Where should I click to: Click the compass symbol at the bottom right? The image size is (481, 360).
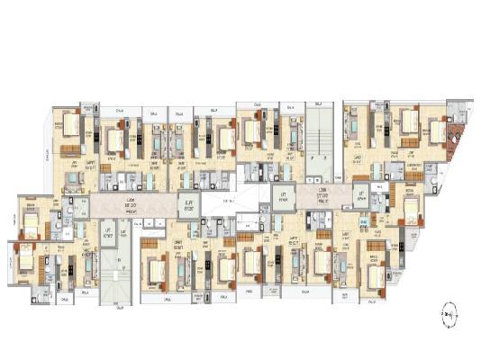pos(448,315)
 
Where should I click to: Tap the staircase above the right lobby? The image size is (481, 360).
pos(316,143)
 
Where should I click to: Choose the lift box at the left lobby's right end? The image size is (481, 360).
pos(187,205)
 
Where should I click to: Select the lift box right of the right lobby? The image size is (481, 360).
pos(362,195)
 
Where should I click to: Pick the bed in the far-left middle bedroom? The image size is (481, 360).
pos(32,220)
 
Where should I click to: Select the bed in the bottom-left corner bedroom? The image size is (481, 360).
pos(26,262)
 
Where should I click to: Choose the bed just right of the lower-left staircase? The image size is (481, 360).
pos(157,267)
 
